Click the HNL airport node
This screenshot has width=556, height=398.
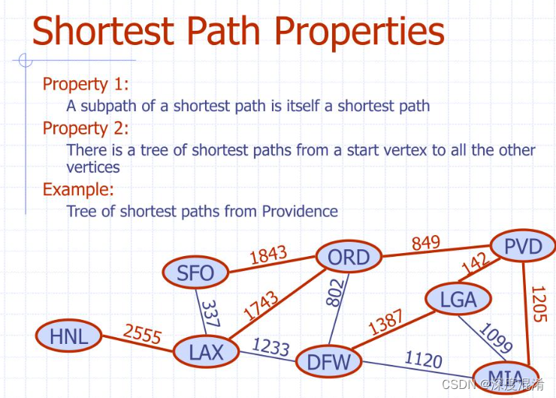pyautogui.click(x=69, y=335)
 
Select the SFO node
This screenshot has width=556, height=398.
pyautogui.click(x=195, y=273)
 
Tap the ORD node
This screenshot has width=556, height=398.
pyautogui.click(x=349, y=257)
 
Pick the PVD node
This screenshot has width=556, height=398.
pyautogui.click(x=523, y=246)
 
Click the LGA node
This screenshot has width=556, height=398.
pyautogui.click(x=458, y=299)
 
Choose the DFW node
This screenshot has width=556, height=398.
pyautogui.click(x=328, y=361)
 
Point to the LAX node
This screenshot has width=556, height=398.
pyautogui.click(x=206, y=351)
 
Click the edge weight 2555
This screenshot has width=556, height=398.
pyautogui.click(x=143, y=333)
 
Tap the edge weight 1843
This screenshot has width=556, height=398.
pyautogui.click(x=268, y=254)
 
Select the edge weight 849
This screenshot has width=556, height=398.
pyautogui.click(x=426, y=243)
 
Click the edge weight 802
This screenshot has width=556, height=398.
pyautogui.click(x=335, y=292)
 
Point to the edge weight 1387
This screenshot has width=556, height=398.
pyautogui.click(x=385, y=321)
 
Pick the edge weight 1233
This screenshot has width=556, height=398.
pyautogui.click(x=271, y=346)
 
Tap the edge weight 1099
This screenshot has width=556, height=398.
pyautogui.click(x=495, y=337)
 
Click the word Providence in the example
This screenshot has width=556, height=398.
pyautogui.click(x=300, y=211)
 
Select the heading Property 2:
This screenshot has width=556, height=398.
pyautogui.click(x=86, y=128)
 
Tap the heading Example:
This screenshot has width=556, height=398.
pyautogui.click(x=78, y=189)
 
